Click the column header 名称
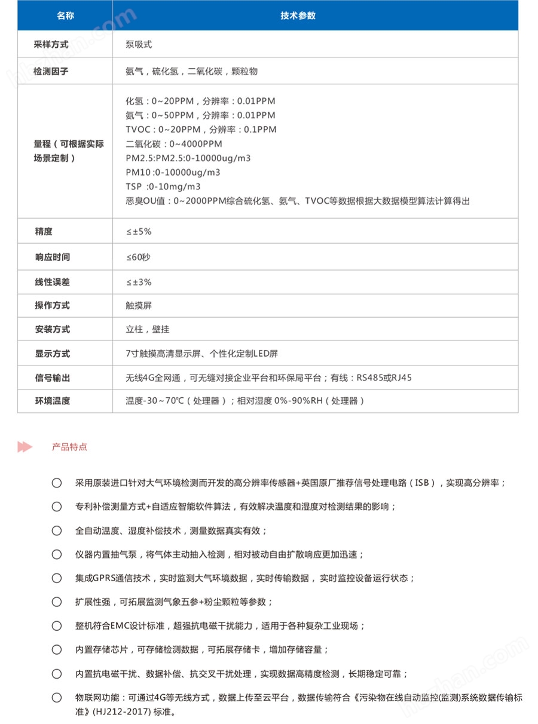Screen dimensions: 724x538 65,16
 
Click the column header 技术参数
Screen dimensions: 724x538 298,16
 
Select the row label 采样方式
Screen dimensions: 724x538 51,45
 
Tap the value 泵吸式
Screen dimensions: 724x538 139,45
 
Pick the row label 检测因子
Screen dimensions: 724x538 51,71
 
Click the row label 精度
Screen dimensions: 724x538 44,231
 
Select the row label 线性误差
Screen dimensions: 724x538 51,282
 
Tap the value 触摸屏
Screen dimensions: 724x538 139,305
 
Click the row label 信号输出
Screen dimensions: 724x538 51,378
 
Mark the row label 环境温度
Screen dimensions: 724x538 51,401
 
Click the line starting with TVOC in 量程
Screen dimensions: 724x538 201,130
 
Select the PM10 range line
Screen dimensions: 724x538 173,173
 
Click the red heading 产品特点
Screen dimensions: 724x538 69,447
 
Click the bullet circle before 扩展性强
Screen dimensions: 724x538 57,602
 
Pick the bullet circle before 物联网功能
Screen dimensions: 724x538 57,697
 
